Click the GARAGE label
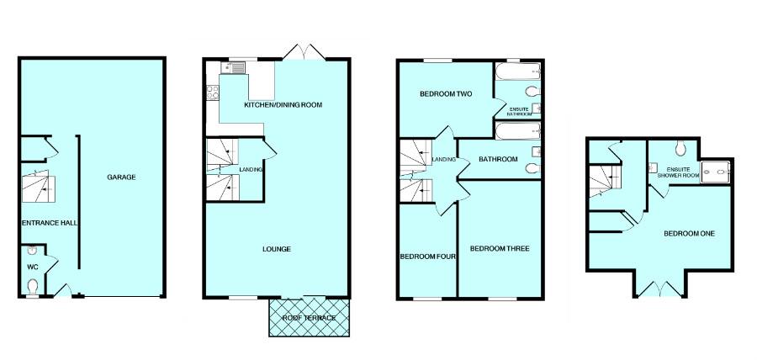click(121, 177)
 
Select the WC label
click(33, 267)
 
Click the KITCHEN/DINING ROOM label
click(283, 105)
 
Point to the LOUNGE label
click(277, 249)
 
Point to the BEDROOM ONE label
click(689, 233)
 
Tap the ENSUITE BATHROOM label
click(521, 111)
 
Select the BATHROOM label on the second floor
click(498, 159)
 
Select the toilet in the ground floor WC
click(33, 287)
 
